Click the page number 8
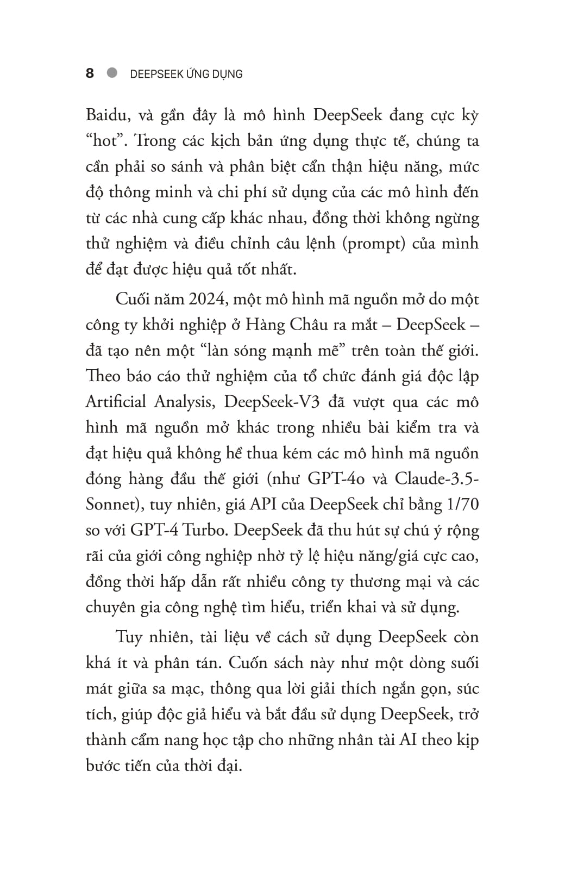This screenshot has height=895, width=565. point(90,73)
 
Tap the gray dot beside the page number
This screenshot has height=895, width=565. point(112,73)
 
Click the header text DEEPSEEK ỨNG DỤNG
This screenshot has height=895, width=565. point(186,74)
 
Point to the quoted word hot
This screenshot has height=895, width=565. point(105,141)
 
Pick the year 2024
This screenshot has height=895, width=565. point(210,299)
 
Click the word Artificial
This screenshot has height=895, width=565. point(116,402)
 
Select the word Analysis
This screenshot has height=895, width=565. point(183,402)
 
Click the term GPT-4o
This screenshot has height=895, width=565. point(332,478)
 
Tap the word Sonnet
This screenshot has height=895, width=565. point(110,504)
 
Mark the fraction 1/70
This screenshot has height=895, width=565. point(462,504)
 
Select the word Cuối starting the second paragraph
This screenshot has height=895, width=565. point(133,299)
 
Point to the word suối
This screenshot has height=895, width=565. point(461,663)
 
